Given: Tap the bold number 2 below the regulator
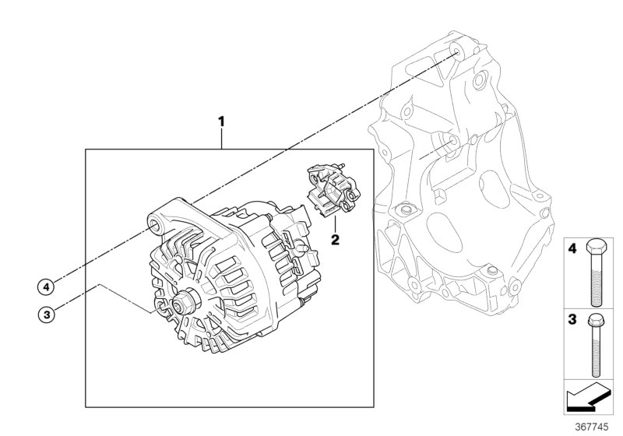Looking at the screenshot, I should click(x=336, y=239).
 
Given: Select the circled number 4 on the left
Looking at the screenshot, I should click(x=47, y=287).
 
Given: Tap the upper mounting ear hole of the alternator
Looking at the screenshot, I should click(x=156, y=227).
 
